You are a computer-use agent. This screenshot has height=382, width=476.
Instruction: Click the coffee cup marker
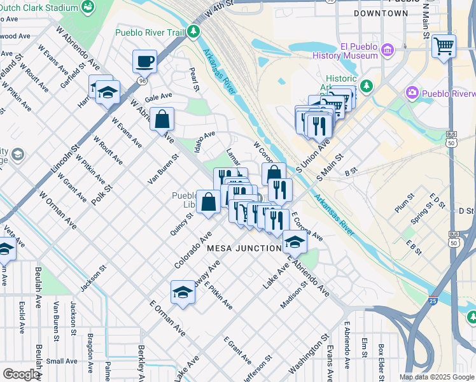point(144,62)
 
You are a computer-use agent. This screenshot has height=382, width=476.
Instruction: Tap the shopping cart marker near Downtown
point(444,46)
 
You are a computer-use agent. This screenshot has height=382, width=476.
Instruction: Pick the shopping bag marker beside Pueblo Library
point(208,202)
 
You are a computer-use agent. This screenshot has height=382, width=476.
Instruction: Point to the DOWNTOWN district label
point(381,13)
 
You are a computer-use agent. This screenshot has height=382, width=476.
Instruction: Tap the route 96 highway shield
point(141,81)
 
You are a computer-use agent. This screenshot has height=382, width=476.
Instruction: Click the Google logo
point(21,374)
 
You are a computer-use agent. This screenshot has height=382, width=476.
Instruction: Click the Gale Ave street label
point(158,97)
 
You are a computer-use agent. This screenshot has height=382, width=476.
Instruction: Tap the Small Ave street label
point(62,361)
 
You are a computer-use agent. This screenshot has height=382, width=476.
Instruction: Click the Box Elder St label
point(381,358)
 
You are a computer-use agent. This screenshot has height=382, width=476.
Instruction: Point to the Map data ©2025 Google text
point(436,377)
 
